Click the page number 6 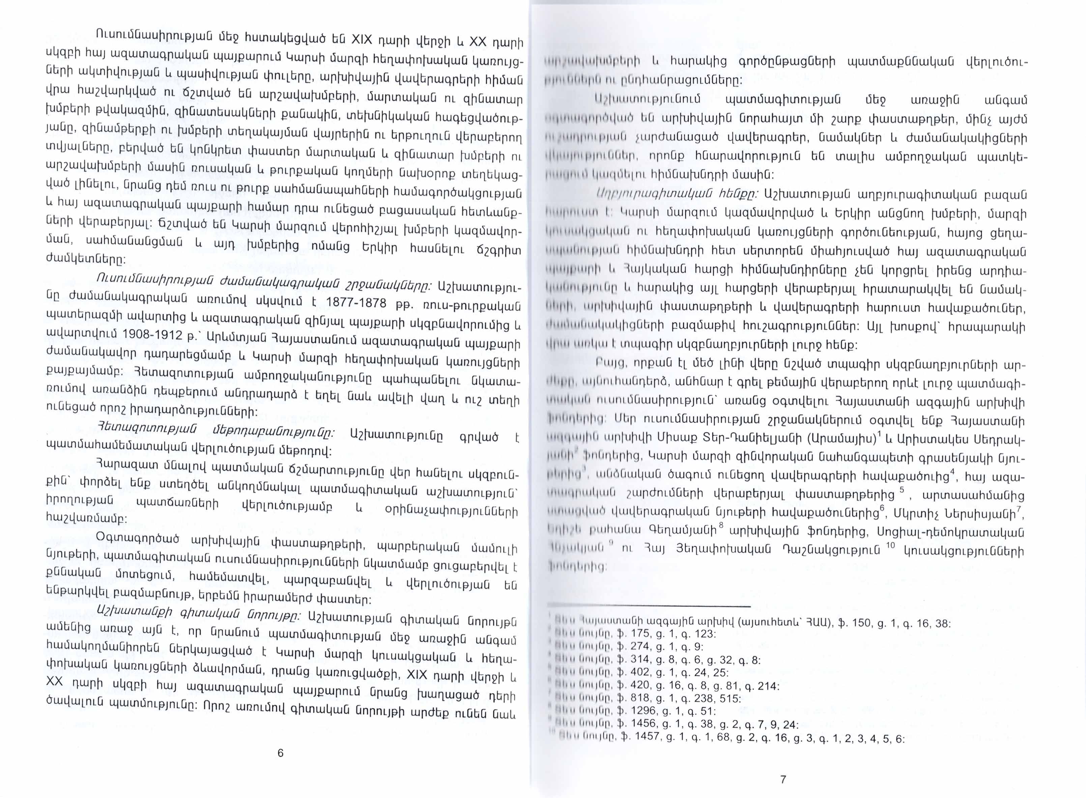(x=281, y=753)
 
